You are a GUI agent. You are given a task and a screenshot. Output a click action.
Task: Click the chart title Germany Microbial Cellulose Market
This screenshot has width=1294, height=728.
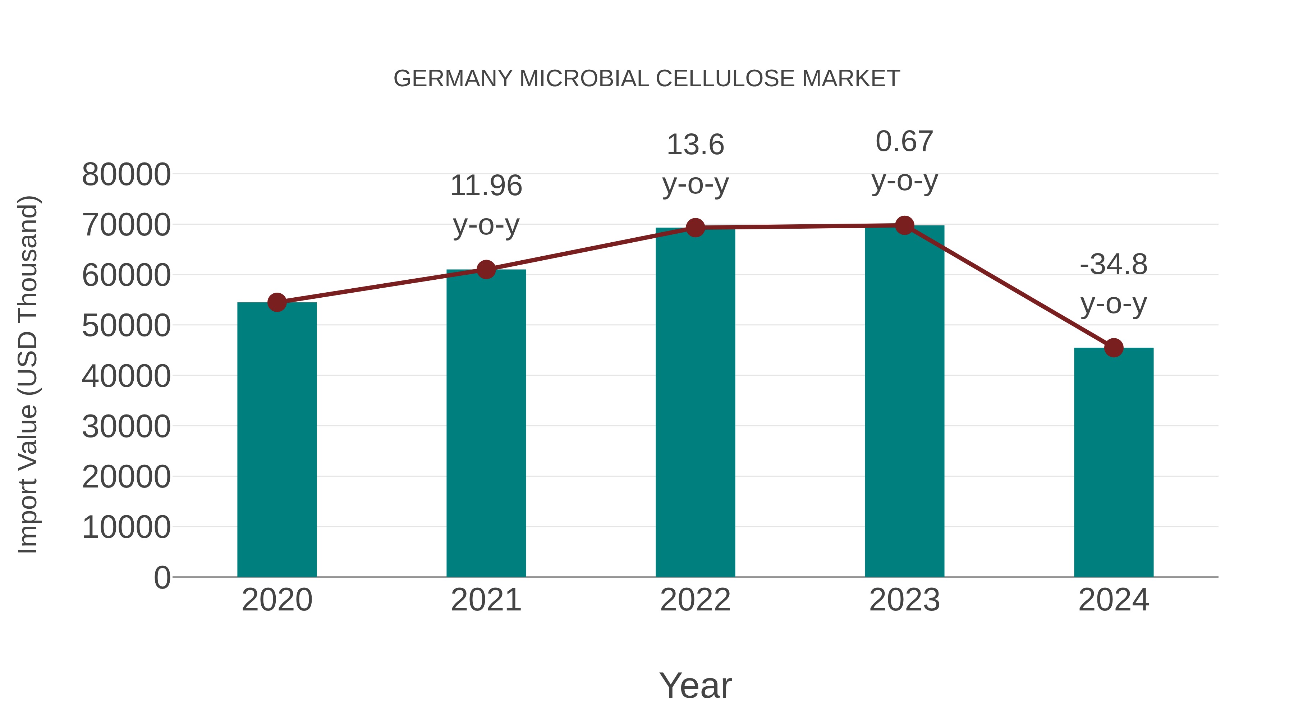click(647, 79)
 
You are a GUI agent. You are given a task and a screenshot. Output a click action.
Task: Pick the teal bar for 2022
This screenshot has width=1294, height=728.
click(695, 402)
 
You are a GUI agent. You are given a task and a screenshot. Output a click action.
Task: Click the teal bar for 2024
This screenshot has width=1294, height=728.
click(1114, 462)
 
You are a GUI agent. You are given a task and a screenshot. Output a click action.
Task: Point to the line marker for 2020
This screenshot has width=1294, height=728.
click(277, 302)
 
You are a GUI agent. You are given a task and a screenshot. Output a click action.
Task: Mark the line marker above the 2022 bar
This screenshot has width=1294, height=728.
click(695, 228)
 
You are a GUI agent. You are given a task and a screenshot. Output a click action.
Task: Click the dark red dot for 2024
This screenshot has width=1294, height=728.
click(1114, 348)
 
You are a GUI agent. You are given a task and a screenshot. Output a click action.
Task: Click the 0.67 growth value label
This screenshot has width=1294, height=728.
click(904, 141)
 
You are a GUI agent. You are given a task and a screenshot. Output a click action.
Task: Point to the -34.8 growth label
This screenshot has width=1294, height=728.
click(1114, 264)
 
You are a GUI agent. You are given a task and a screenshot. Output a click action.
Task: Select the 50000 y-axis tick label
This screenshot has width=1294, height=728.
click(126, 326)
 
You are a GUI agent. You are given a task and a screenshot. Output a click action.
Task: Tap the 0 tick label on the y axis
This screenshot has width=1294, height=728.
click(162, 577)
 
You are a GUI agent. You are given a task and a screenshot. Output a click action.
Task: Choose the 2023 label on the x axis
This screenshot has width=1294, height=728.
click(904, 600)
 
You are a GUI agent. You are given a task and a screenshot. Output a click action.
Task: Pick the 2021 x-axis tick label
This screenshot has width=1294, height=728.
click(486, 600)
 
